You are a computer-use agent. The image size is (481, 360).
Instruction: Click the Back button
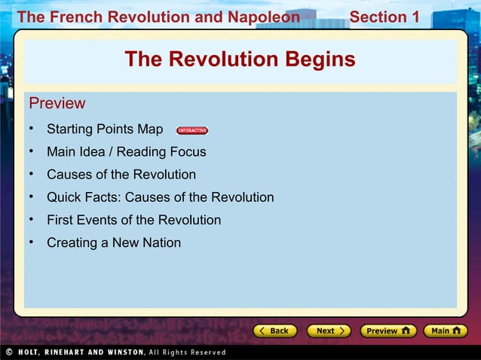click(274, 331)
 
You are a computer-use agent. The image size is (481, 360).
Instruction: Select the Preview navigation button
click(388, 331)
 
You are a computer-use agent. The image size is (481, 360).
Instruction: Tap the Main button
click(445, 331)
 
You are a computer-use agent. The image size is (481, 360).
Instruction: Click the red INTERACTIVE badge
click(192, 130)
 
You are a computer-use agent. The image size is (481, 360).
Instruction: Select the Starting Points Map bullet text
click(105, 130)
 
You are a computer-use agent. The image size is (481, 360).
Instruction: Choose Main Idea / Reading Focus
click(126, 152)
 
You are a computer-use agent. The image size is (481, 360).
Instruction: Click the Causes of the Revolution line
click(121, 175)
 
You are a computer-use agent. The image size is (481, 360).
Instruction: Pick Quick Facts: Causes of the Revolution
click(160, 197)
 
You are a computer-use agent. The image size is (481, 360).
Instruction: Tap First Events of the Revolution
click(133, 220)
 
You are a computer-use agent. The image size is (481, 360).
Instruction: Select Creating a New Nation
click(113, 243)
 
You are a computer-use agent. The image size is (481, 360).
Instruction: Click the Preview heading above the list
click(57, 103)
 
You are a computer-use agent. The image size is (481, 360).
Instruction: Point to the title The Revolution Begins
click(240, 59)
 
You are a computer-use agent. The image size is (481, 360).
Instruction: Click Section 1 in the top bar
click(384, 17)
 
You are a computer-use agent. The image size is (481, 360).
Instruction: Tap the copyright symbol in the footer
click(8, 352)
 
